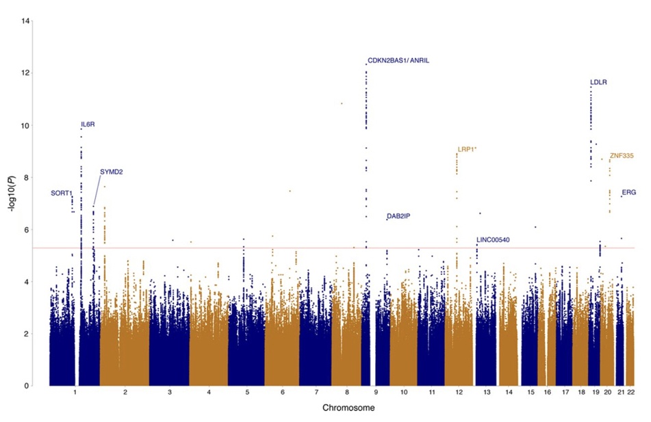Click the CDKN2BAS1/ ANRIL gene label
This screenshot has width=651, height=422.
pos(398,61)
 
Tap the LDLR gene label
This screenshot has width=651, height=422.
pos(598,83)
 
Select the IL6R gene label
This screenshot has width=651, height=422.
pos(88,124)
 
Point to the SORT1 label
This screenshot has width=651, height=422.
pos(61,194)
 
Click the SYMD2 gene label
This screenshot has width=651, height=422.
pos(111,172)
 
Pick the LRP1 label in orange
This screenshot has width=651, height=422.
pos(465,149)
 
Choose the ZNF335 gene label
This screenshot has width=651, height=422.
pos(621,156)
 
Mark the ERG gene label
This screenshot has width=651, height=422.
pos(629,193)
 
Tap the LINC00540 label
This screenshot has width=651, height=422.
pos(493,240)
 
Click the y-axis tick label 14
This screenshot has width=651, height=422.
pos(25,21)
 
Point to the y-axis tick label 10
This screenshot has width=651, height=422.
pos(25,126)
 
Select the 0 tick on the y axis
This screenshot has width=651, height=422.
pos(27,386)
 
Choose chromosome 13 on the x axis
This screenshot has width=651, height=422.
pos(486,394)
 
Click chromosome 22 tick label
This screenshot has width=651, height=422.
pos(631,394)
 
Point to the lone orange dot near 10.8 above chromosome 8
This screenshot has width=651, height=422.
pos(341,103)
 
